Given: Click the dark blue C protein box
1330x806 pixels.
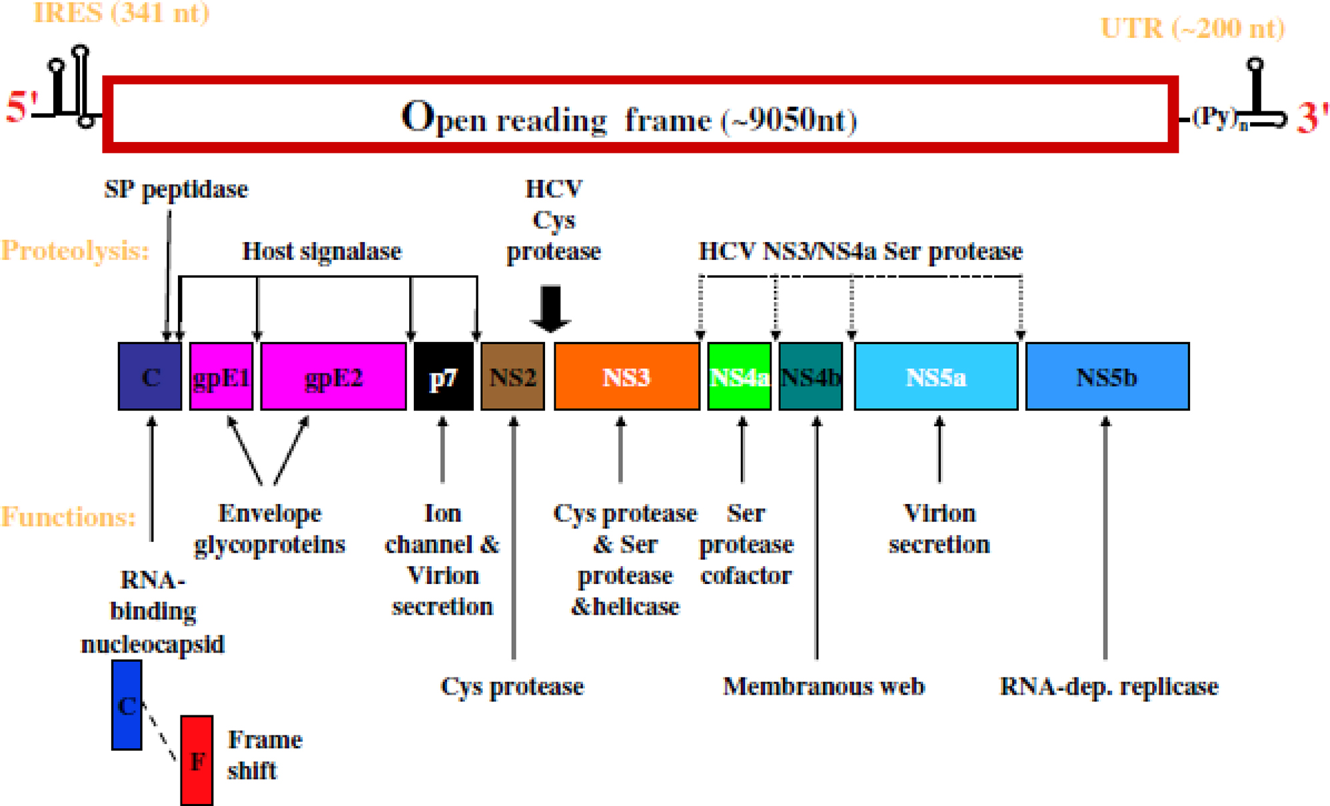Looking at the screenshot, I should point(150,377).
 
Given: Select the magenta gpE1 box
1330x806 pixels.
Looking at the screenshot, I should point(221,377).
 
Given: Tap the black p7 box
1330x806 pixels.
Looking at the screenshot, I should point(443,377).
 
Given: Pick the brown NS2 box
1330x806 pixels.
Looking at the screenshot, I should point(512,377).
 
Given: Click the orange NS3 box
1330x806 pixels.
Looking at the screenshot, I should point(626,377).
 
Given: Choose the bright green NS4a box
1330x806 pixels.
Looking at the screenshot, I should point(739,377).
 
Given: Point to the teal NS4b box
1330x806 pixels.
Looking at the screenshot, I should point(810,377).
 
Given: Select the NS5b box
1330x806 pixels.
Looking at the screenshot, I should point(1107,377).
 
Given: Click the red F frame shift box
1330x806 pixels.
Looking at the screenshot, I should point(197,760).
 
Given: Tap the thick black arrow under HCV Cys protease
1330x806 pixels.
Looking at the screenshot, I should point(550,309).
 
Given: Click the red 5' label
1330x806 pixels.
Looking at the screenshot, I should point(21,107).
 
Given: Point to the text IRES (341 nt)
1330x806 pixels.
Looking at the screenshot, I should point(121,13).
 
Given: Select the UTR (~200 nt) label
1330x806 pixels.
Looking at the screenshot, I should point(1192,29).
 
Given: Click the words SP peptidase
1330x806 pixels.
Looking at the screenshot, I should point(176,189).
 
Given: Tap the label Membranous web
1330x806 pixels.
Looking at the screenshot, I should point(824,686).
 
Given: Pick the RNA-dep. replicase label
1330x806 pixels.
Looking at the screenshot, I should point(1109,686).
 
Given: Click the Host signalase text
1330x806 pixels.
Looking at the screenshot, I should point(322,251).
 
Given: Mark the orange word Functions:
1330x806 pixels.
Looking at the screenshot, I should point(68,517).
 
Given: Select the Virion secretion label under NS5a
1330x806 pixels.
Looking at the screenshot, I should point(939,529).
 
